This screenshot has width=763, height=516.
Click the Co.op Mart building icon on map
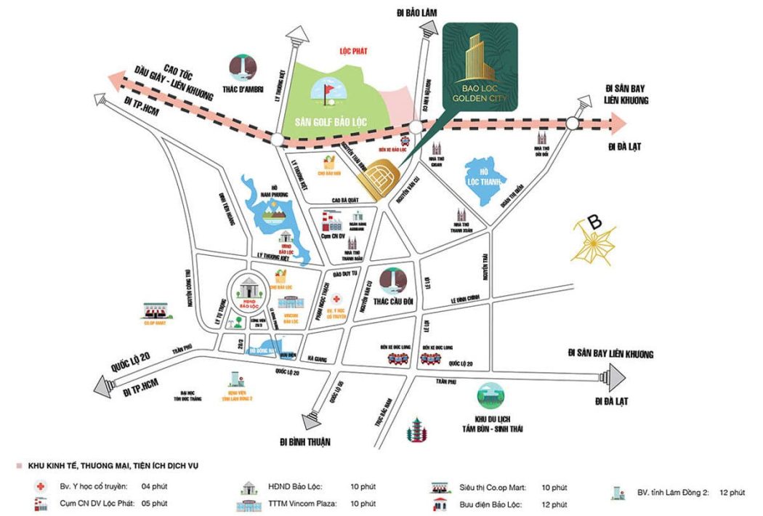156,310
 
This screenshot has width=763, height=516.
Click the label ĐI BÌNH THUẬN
305,441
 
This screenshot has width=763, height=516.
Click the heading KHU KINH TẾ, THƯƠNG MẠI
113,465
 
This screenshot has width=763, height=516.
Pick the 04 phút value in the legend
156,486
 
